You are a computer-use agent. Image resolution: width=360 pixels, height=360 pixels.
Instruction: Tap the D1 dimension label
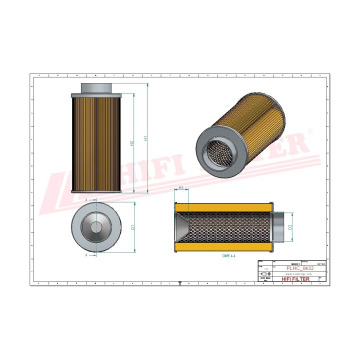132,227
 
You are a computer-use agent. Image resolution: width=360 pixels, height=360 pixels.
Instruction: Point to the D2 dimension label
290,227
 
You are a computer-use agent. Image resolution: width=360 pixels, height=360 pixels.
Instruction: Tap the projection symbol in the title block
264,274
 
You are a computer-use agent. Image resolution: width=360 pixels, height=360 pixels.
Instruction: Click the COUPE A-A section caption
228,255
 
